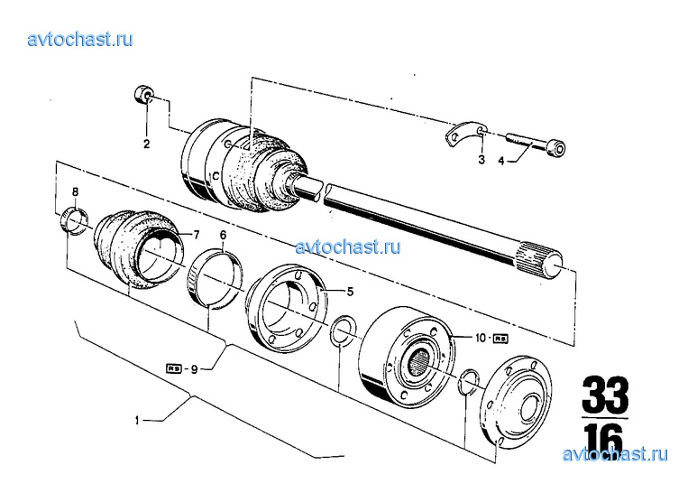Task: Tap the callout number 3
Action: coord(481,160)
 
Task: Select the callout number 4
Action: coord(502,161)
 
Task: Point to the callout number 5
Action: coord(351,292)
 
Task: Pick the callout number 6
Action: coord(223,236)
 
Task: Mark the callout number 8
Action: coord(76,191)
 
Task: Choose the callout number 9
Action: coord(194,367)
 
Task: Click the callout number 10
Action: coord(482,338)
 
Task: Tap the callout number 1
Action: coord(137,420)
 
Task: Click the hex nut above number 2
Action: coord(144,94)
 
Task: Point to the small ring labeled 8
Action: coord(74,219)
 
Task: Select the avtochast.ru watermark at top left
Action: coord(80,39)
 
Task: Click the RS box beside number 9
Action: coord(174,367)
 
